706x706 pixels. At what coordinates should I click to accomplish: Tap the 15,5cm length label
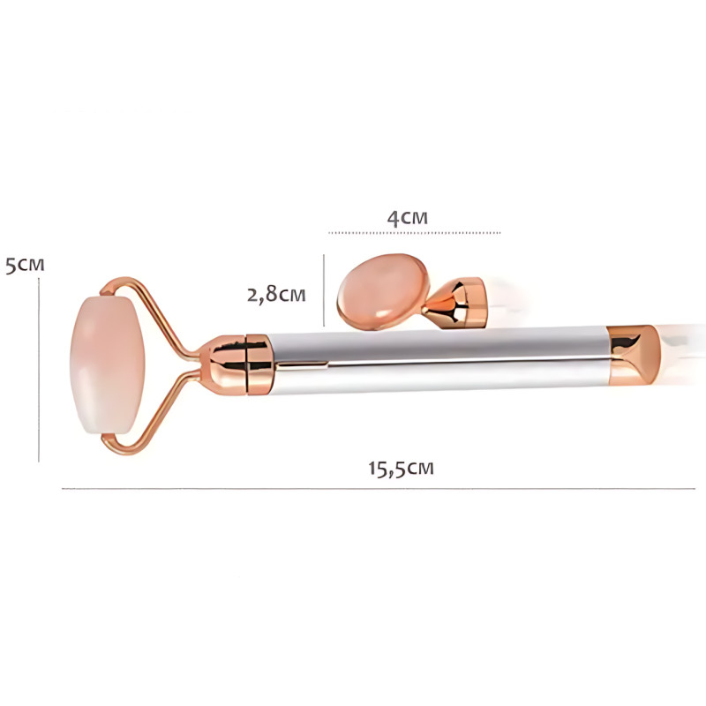click(401, 469)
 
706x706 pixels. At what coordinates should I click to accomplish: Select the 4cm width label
click(407, 218)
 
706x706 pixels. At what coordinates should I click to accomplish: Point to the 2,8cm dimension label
click(276, 295)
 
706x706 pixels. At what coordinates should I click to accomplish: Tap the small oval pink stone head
click(383, 290)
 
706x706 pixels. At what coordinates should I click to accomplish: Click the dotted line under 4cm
click(414, 233)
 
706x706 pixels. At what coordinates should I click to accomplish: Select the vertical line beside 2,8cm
click(324, 290)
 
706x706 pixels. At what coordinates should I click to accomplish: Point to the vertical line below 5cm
click(39, 370)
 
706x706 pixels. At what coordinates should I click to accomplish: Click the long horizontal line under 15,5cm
click(379, 489)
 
